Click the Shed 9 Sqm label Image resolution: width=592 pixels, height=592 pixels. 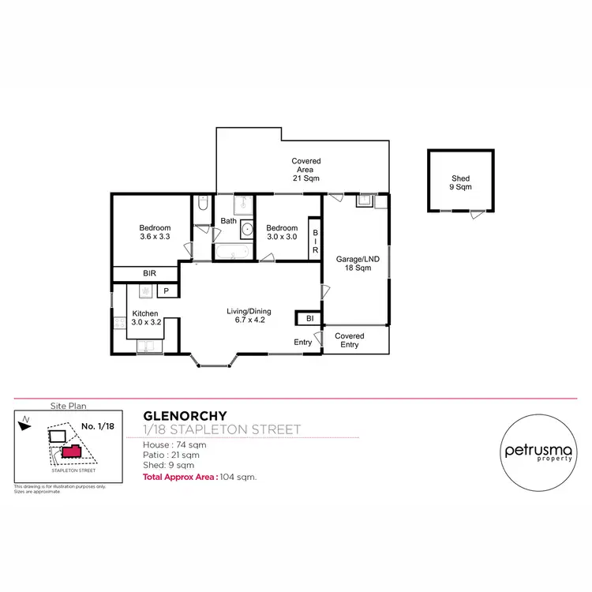(x=461, y=183)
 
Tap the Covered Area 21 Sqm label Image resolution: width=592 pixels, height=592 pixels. (x=305, y=170)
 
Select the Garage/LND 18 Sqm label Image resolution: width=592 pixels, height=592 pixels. (x=354, y=264)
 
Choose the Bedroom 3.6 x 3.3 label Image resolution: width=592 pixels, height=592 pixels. (x=155, y=232)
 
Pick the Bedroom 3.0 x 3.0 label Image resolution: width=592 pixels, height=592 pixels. (x=281, y=232)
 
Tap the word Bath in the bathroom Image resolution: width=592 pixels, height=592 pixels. (x=229, y=221)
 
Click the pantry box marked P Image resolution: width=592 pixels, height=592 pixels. (x=167, y=291)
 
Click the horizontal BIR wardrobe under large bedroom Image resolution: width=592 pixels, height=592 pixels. (x=148, y=273)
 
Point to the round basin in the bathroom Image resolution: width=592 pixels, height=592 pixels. (x=246, y=230)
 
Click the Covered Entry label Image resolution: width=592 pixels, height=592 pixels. (x=349, y=340)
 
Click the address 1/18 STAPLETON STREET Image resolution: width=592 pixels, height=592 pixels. (x=222, y=430)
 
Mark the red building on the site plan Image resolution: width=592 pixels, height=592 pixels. (x=72, y=452)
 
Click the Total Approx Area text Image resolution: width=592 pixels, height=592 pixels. (x=181, y=478)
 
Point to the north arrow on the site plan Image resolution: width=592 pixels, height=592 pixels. (x=25, y=423)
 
